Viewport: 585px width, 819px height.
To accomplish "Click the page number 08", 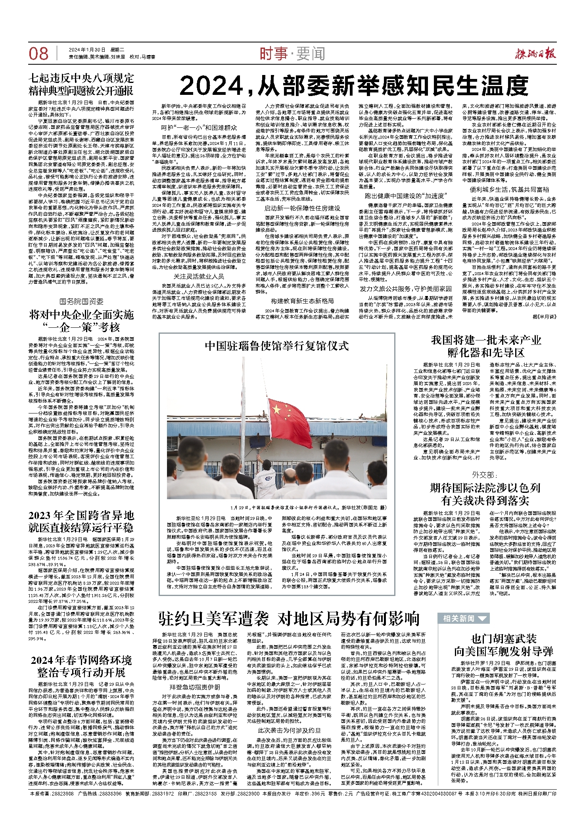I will tap(38, 54).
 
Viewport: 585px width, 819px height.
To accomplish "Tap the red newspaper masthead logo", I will tap(535, 53).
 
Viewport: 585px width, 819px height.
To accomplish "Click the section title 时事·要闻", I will tap(292, 54).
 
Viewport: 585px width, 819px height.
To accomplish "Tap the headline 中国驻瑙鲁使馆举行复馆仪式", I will tap(276, 346).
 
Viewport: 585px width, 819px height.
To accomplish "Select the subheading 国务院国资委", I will tap(81, 302).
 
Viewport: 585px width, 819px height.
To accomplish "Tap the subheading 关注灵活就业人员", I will tap(199, 276).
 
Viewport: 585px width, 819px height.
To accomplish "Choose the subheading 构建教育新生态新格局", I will tap(303, 301).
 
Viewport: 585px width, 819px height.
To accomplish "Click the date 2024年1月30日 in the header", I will tap(87, 50).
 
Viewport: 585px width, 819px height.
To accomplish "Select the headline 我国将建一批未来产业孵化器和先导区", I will tap(486, 346).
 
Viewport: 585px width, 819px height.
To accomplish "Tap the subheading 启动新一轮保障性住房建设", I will tap(302, 208).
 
